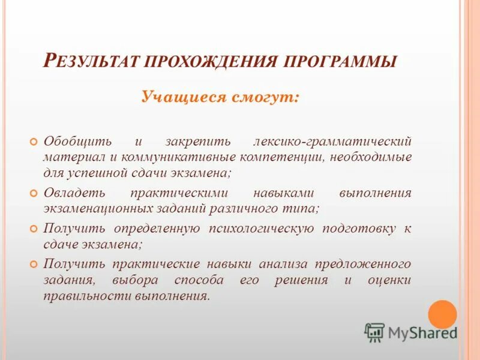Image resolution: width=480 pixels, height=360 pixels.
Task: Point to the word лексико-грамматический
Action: click(x=332, y=142)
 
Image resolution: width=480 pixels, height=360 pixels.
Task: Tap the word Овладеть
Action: click(x=74, y=193)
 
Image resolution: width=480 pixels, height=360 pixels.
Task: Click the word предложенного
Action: click(x=367, y=264)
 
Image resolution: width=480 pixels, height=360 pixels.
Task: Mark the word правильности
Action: click(x=82, y=296)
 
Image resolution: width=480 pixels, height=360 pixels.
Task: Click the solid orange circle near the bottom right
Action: click(x=443, y=314)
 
